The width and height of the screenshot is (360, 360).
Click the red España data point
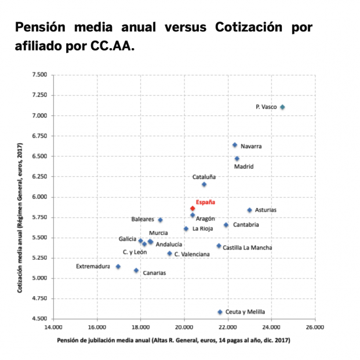[192, 208]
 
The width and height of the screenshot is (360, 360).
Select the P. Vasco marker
[282, 107]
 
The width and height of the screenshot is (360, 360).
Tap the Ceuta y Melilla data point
[220, 312]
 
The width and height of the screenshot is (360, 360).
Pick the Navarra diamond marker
[235, 145]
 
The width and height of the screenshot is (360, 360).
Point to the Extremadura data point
[118, 267]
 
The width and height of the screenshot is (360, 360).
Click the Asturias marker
[249, 210]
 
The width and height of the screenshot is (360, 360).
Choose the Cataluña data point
[204, 184]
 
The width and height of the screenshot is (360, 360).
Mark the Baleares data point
[161, 220]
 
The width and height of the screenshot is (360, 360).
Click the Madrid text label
[243, 167]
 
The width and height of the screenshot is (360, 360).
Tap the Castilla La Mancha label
[248, 248]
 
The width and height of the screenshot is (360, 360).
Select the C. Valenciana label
[192, 254]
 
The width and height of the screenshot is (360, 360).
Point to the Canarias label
[154, 272]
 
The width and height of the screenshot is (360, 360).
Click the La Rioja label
[202, 229]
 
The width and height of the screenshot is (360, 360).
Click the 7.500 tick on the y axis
[39, 75]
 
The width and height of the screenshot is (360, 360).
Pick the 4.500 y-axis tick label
[39, 319]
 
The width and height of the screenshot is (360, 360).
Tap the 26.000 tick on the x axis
[315, 328]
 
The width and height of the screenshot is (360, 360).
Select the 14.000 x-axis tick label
[53, 328]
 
